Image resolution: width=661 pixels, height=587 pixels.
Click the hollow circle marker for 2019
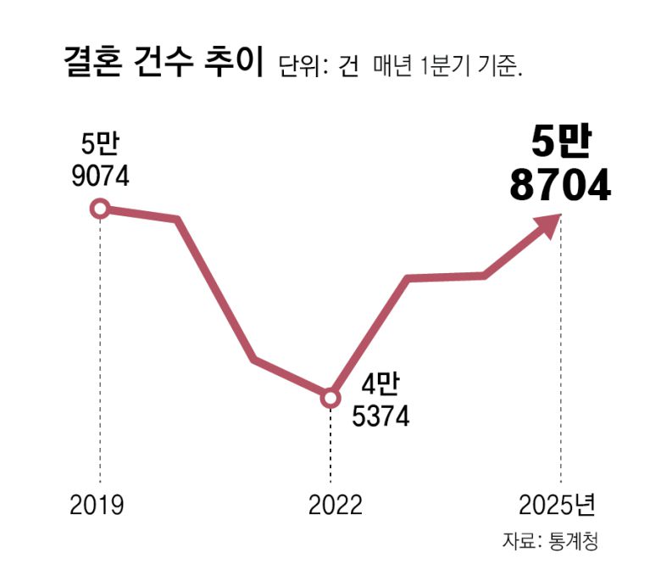click(x=100, y=208)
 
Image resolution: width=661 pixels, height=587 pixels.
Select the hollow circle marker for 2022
click(x=330, y=397)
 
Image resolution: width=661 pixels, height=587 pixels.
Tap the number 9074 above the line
click(x=100, y=177)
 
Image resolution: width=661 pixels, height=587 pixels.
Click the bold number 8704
click(x=560, y=186)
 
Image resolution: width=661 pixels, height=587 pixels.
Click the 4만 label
click(x=379, y=385)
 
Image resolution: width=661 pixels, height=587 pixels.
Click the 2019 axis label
click(x=97, y=506)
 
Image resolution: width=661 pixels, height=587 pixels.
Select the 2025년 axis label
click(x=557, y=506)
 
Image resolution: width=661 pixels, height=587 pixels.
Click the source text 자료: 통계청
click(x=550, y=540)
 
